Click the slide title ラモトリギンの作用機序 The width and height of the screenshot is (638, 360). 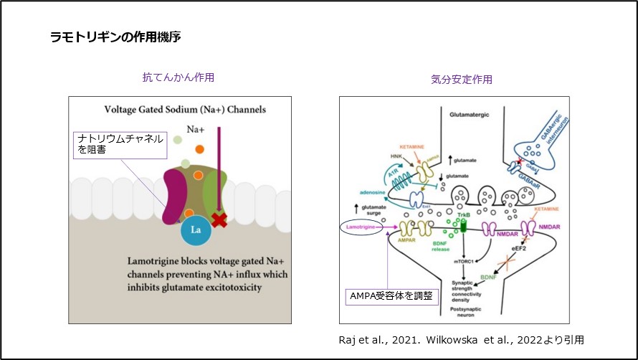[115, 37]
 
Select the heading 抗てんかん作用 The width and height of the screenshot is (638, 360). [178, 77]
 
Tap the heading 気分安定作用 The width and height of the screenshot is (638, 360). [462, 79]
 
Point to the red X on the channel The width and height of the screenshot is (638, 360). [219, 219]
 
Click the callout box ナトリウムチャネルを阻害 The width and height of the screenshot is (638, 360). [120, 144]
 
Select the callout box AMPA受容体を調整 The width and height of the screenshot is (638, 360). [391, 295]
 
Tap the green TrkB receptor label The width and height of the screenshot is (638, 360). [464, 214]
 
